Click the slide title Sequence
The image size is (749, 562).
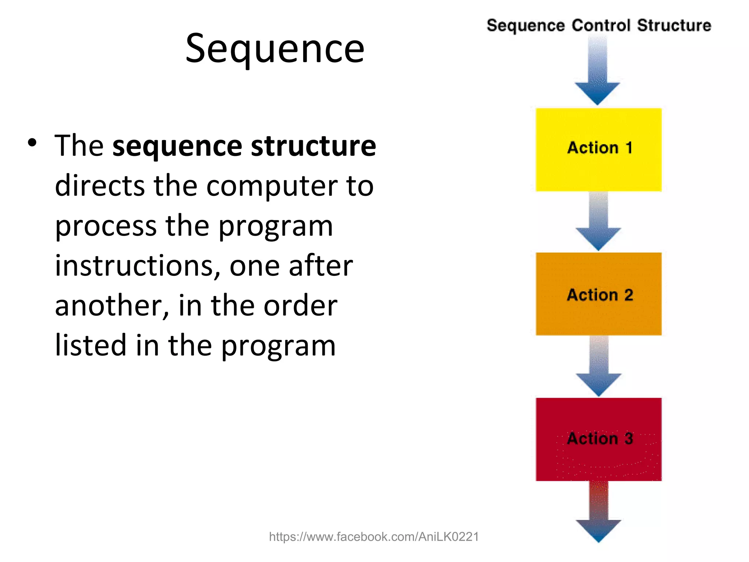point(275,49)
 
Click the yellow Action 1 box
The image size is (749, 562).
point(599,149)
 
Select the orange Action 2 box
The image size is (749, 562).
point(599,294)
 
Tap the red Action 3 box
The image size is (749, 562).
point(599,439)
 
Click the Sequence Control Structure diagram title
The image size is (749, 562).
point(599,26)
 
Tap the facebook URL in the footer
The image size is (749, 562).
point(374,537)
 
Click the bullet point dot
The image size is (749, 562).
point(32,143)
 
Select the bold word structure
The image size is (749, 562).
point(313,146)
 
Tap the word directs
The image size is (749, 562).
point(99,186)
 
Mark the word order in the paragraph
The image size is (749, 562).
point(300,306)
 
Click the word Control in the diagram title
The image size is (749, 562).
point(601,26)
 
